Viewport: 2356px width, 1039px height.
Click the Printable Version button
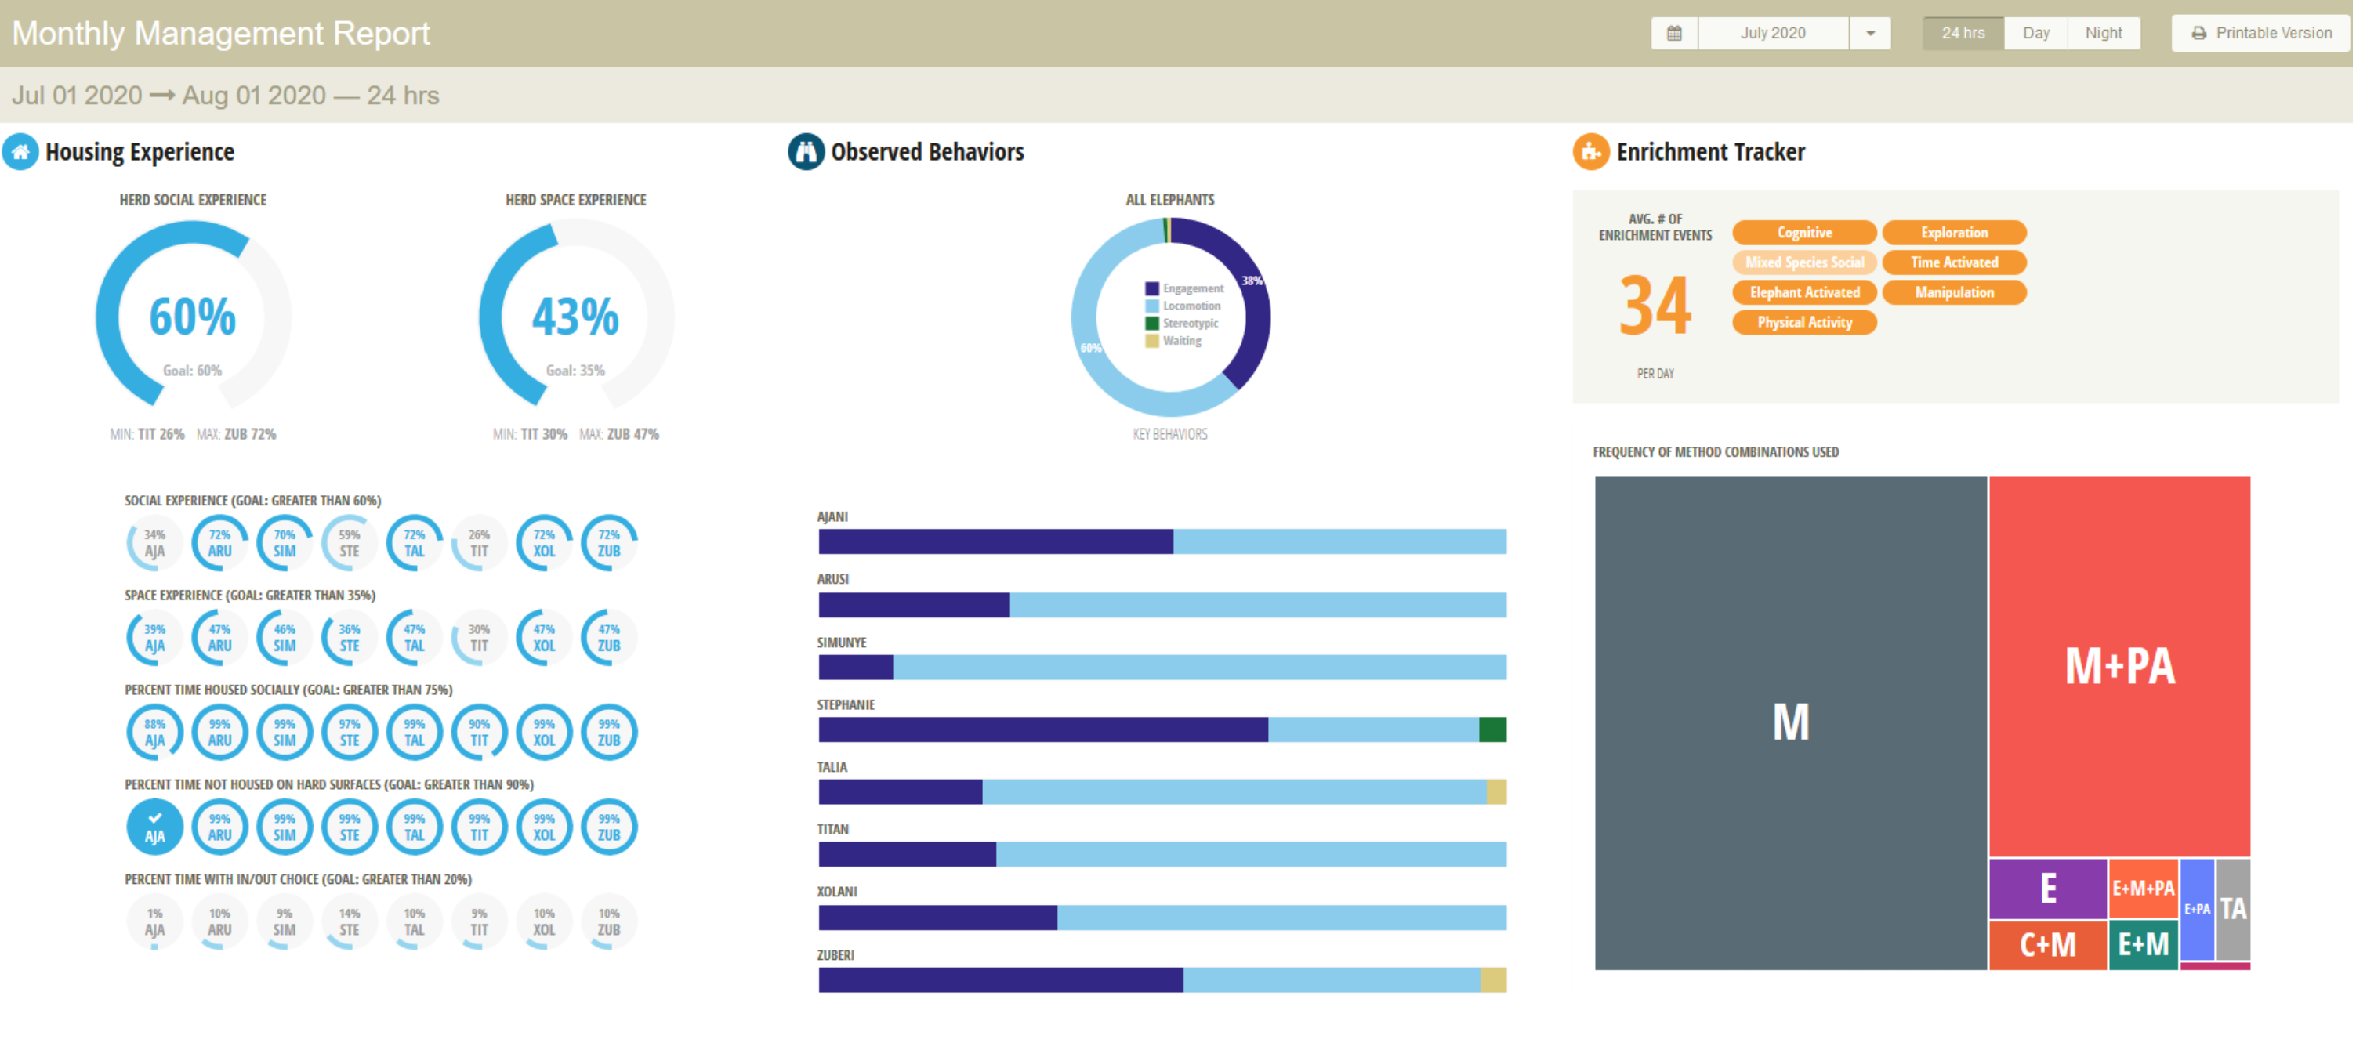point(2261,33)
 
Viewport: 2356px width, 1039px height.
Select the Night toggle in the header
point(2103,33)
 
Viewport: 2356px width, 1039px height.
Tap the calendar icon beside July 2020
point(1673,33)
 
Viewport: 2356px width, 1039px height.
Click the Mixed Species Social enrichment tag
point(1803,262)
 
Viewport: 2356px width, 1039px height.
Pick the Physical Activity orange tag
point(1803,322)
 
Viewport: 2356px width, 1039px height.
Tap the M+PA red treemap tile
point(2119,666)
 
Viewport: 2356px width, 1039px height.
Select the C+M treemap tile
point(2047,944)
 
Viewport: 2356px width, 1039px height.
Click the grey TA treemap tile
point(2232,908)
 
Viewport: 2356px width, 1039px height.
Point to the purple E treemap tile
point(2047,888)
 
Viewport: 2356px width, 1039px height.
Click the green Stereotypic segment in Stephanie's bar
point(1492,729)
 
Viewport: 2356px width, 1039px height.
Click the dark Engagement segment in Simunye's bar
point(855,668)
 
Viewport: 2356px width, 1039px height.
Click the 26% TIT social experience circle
point(479,543)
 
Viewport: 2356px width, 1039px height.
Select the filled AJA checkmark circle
point(154,827)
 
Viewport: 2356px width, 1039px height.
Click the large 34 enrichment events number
point(1655,306)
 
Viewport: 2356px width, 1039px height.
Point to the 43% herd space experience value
point(575,317)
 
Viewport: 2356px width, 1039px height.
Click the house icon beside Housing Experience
point(20,152)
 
